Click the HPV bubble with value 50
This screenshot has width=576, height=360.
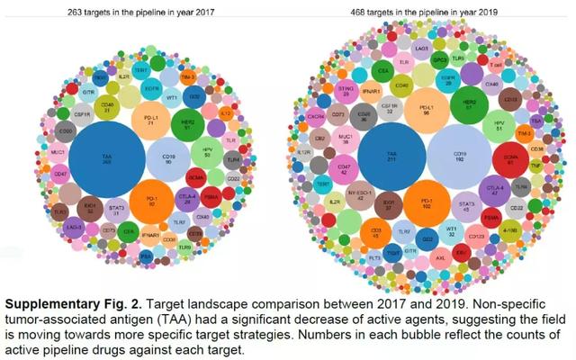[207, 155]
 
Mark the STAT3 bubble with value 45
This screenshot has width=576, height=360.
[466, 209]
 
